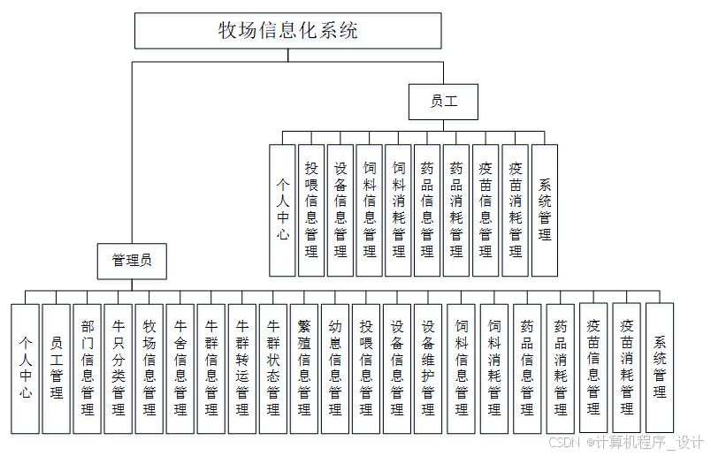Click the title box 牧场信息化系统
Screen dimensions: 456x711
coord(288,31)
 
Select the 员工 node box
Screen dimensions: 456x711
coord(443,102)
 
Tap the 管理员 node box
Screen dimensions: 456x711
coord(132,260)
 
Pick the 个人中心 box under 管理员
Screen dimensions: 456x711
coord(25,368)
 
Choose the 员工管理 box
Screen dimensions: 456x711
coord(56,368)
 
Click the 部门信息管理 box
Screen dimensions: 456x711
coord(87,368)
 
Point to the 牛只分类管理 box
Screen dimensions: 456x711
coord(118,368)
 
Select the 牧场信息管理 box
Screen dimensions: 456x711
coord(149,368)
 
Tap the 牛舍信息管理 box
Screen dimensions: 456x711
coord(180,368)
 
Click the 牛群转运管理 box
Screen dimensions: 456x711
coord(241,368)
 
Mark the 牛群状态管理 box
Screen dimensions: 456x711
coord(272,368)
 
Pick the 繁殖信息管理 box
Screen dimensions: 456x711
coord(303,368)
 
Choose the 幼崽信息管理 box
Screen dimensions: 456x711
coord(334,368)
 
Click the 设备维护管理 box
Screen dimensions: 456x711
coord(427,368)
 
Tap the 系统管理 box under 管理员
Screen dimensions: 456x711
coord(660,368)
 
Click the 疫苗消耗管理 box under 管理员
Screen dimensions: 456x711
coord(627,368)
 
